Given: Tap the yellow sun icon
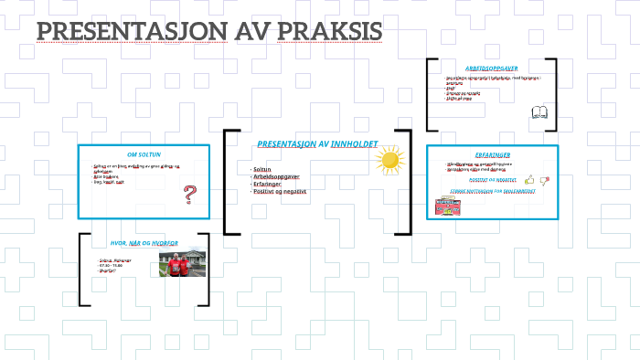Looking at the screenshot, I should click(x=389, y=161).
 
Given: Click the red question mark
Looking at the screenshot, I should click(x=190, y=195).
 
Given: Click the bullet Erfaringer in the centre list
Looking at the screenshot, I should click(x=272, y=185).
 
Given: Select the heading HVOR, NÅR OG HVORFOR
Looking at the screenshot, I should click(x=144, y=243).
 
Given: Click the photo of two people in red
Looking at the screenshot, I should click(x=185, y=263).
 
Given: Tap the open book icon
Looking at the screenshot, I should click(x=539, y=113).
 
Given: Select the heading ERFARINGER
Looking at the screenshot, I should click(x=492, y=154).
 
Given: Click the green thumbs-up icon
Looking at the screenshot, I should click(x=529, y=180).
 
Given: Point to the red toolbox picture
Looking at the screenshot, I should click(x=444, y=205).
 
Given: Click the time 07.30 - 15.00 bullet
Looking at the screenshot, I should click(x=112, y=266).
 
